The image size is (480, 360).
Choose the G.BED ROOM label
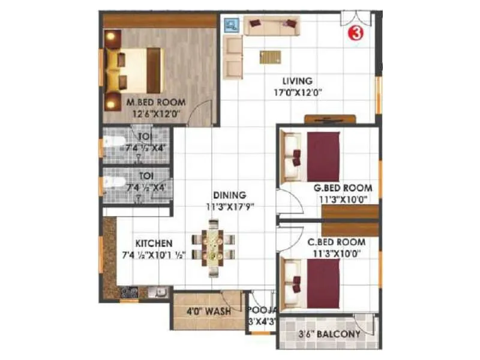coord(343,188)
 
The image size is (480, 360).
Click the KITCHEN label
coord(154,244)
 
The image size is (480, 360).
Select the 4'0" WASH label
coord(210,312)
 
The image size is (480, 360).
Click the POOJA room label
coord(263,310)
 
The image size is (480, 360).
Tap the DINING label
coord(230,195)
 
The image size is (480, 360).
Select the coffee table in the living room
coord(270,57)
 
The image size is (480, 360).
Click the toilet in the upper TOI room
coord(113,144)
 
